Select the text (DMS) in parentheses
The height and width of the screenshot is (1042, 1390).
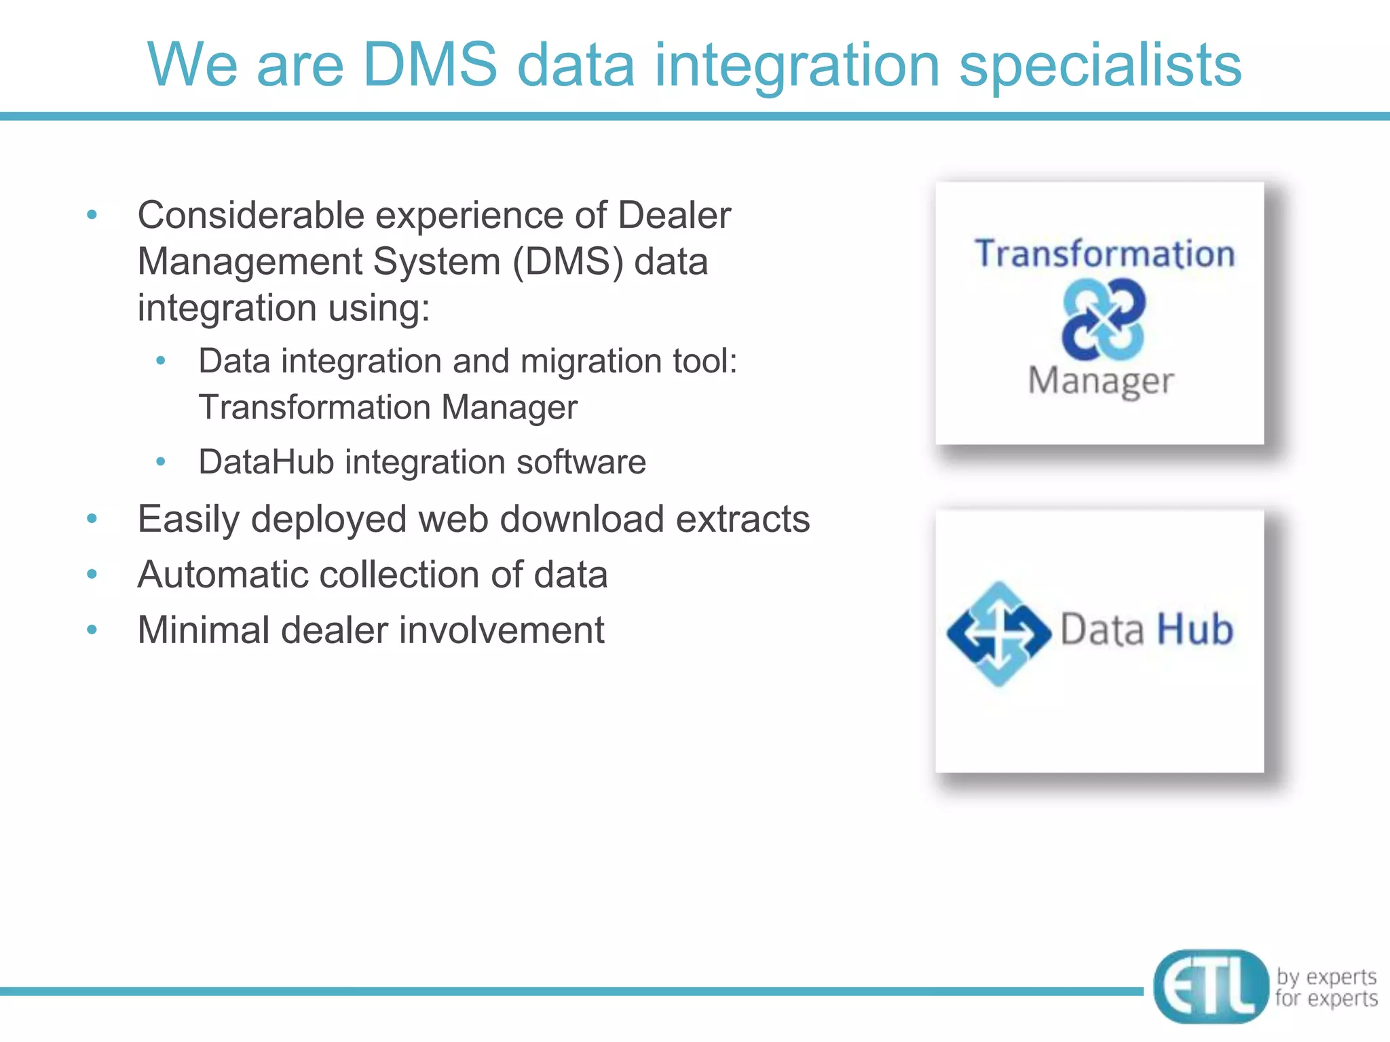click(x=567, y=262)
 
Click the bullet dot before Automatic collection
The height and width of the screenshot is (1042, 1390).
click(x=92, y=575)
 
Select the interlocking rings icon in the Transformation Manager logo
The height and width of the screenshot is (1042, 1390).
click(x=1104, y=319)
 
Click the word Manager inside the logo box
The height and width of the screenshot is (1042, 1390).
click(x=1100, y=381)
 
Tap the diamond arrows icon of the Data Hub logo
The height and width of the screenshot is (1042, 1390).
click(x=998, y=634)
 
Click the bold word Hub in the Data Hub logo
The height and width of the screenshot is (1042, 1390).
click(x=1195, y=630)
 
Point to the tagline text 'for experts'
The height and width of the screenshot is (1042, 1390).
click(x=1326, y=999)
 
